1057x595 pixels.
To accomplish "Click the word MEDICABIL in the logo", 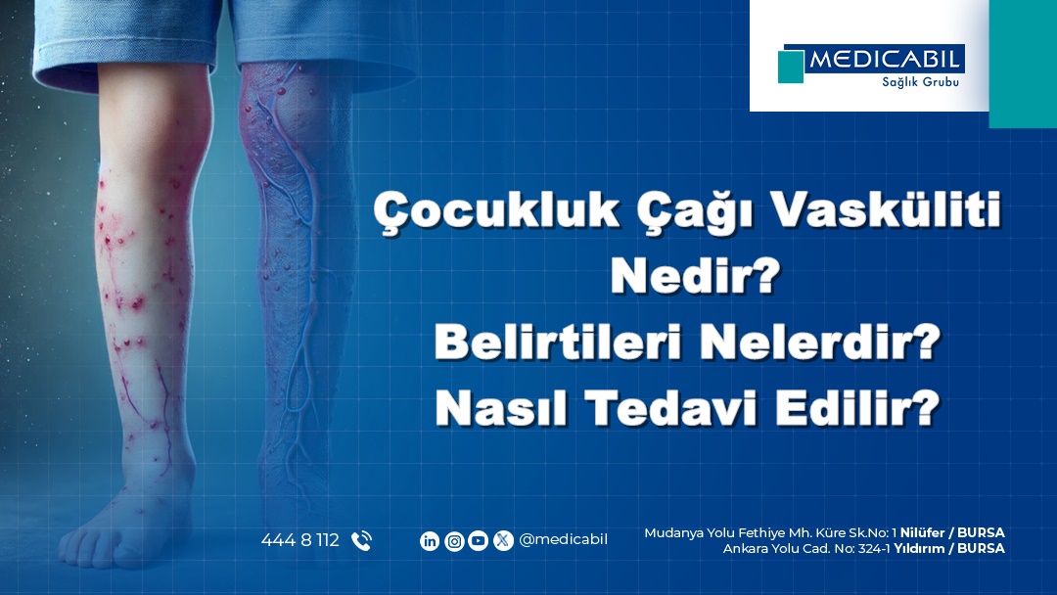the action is pyautogui.click(x=884, y=60).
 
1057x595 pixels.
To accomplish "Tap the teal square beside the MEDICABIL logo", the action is pyautogui.click(x=791, y=67).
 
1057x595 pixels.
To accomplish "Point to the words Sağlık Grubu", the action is pyautogui.click(x=920, y=82).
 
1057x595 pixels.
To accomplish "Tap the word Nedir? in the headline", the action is pyautogui.click(x=695, y=275).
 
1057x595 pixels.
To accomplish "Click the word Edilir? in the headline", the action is pyautogui.click(x=857, y=407).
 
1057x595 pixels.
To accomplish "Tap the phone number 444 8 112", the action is pyautogui.click(x=300, y=540).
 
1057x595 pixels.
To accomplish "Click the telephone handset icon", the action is pyautogui.click(x=361, y=540).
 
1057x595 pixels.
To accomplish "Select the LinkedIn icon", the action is pyautogui.click(x=430, y=540).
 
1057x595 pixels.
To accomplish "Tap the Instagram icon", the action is pyautogui.click(x=454, y=540).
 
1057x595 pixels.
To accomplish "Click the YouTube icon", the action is pyautogui.click(x=478, y=540).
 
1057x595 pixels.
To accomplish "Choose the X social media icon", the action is pyautogui.click(x=503, y=540).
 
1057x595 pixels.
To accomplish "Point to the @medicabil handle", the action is pyautogui.click(x=564, y=540).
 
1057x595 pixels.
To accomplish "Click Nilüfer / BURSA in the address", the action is pyautogui.click(x=952, y=532).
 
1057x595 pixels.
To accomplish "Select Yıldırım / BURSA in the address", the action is pyautogui.click(x=949, y=548).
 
